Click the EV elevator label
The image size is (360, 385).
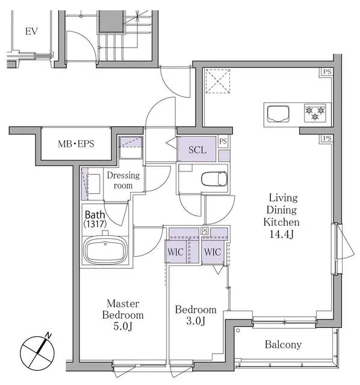coord(31,31)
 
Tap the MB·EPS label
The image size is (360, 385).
coord(75,144)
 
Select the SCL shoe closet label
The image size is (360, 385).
coord(197,150)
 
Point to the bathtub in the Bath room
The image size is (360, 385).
coord(105,248)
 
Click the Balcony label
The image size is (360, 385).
coord(283,345)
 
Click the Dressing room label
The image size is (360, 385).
coord(123,180)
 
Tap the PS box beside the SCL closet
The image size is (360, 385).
coord(223,142)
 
